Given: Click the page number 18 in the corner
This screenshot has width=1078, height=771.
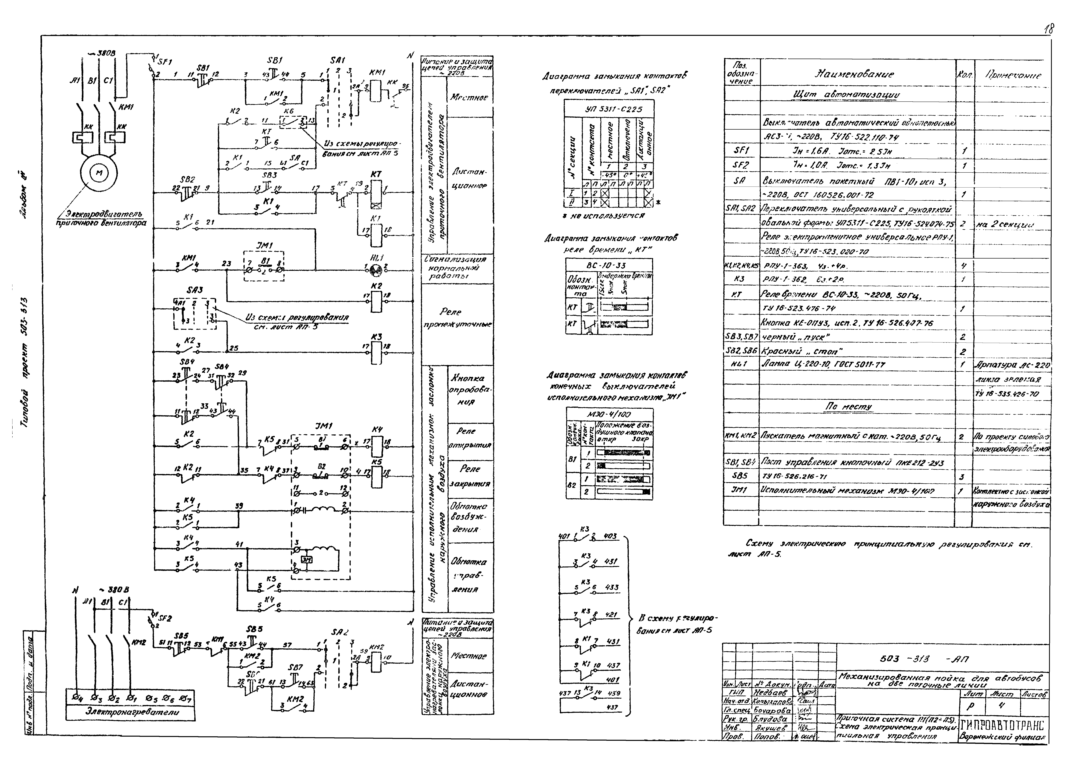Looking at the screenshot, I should [1049, 29].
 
